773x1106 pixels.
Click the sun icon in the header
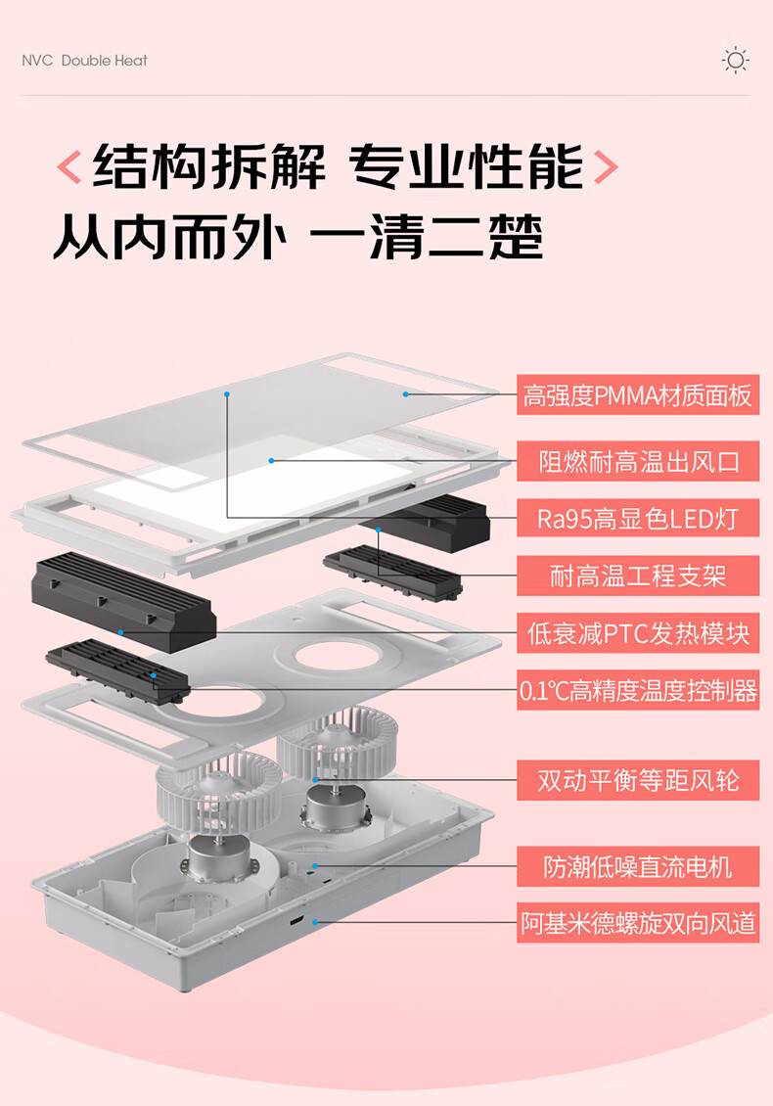[x=736, y=60]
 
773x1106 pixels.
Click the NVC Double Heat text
[x=84, y=61]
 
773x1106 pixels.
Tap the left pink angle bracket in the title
[x=69, y=167]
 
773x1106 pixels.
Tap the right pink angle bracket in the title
[x=606, y=167]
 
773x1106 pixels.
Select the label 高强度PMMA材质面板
[x=638, y=395]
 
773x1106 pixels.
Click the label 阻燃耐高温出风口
[x=638, y=461]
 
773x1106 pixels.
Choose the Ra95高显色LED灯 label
[x=638, y=519]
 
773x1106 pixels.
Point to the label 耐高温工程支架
[x=638, y=576]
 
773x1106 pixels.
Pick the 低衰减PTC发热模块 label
[x=638, y=632]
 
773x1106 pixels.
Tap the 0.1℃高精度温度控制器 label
[x=638, y=690]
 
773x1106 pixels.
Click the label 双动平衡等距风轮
[x=638, y=780]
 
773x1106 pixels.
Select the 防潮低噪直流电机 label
[x=638, y=866]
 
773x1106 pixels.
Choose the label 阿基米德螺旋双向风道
[x=638, y=923]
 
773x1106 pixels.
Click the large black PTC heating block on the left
[x=123, y=601]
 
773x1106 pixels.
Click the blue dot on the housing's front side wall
[x=315, y=922]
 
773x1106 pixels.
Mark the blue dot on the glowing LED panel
[x=272, y=461]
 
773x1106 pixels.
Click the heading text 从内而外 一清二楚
[x=298, y=238]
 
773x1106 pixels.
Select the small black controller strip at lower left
[x=117, y=670]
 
